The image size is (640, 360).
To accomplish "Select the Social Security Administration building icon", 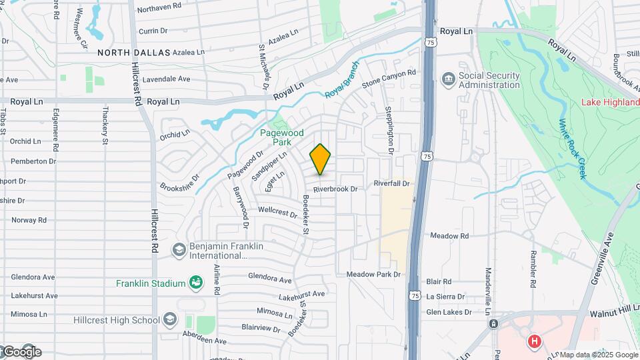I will tap(447, 80).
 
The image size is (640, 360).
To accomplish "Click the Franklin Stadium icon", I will tap(195, 283).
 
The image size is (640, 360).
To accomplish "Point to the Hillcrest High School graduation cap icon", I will tap(169, 319).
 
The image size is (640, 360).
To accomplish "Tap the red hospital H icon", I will tap(533, 342).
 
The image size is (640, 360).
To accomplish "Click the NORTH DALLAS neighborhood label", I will tap(133, 52).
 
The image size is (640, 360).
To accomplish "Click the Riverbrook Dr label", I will tap(335, 189).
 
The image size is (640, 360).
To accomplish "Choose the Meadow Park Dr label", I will tap(373, 275).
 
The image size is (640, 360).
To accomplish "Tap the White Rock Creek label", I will tap(572, 148).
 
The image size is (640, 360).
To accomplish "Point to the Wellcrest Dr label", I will tap(277, 213).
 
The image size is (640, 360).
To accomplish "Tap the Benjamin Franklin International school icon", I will tap(179, 250).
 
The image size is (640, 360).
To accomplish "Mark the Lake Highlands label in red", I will tap(609, 102).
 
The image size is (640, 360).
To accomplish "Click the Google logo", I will tap(21, 352).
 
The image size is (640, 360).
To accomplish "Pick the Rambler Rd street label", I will tap(533, 270).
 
